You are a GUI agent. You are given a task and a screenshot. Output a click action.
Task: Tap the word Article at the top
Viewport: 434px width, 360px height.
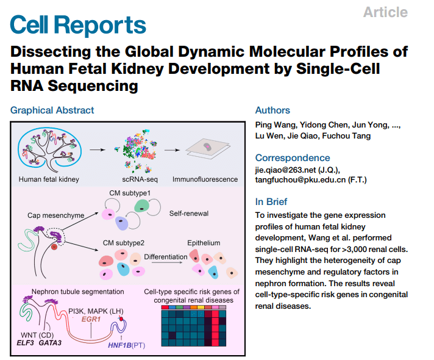point(385,12)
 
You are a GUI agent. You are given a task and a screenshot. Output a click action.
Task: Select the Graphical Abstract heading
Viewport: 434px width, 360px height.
point(52,110)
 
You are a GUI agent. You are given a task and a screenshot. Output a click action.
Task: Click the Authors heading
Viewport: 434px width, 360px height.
point(272,110)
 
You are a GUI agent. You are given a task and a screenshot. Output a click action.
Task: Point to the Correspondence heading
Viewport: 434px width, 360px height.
point(293,157)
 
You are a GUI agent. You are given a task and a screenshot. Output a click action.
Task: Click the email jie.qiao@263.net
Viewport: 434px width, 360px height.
point(291,170)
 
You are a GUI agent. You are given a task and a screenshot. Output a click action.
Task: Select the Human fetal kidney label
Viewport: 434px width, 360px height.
point(48,180)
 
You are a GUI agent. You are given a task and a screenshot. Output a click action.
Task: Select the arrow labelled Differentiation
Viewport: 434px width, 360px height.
point(166,261)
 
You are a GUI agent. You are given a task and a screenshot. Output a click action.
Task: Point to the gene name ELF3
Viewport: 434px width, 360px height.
point(27,343)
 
